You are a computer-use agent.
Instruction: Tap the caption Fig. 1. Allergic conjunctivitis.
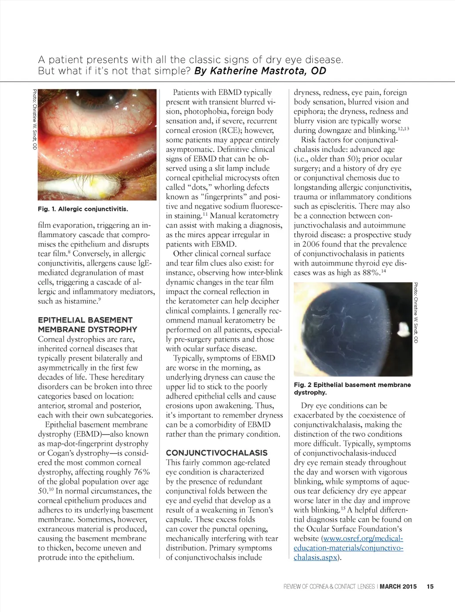(83, 209)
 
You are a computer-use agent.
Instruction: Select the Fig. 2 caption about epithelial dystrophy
(352, 388)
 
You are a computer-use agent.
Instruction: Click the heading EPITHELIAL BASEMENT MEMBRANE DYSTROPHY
(88, 325)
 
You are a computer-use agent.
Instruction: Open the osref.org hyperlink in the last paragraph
(348, 548)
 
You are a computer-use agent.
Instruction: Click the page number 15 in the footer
(430, 587)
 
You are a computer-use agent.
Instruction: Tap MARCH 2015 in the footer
(398, 587)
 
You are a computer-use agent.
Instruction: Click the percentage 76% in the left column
(141, 472)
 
